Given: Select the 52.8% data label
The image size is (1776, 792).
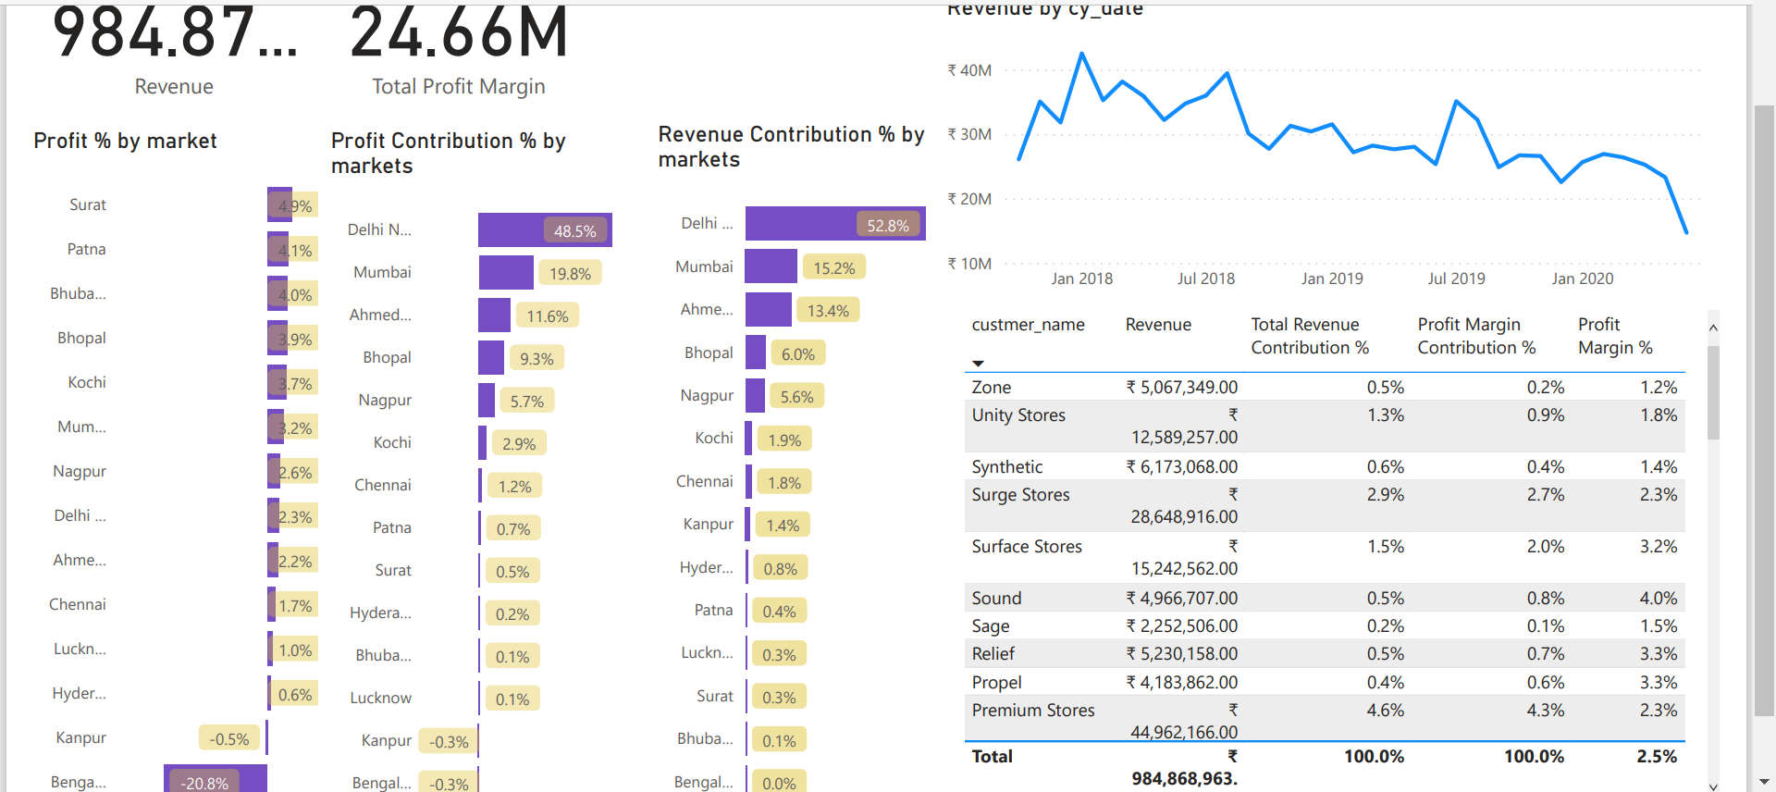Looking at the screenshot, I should pos(887,226).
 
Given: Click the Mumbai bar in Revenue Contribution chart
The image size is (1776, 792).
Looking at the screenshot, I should pos(770,266).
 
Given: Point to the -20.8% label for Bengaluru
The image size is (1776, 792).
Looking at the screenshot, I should pos(204,783).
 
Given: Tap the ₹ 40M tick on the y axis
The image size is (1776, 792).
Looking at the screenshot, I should pos(969,70).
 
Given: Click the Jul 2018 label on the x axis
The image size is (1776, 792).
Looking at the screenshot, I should pos(1205,278).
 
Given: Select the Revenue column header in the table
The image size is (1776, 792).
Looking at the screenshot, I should pos(1158,325).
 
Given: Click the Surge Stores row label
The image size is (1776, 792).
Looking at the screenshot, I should pos(1020,495).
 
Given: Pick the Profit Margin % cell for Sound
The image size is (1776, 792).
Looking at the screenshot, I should pos(1658,599).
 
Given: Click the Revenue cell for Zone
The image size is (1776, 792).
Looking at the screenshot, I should pos(1181,388).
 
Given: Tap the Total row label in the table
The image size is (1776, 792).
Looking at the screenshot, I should pos(992,757).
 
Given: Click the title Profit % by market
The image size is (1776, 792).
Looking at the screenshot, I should pos(125,141).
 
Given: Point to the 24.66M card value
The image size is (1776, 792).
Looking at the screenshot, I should pos(459,33).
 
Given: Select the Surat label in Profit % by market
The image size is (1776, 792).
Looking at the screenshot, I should pos(88,205).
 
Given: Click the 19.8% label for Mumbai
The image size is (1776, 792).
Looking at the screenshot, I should pos(570,274).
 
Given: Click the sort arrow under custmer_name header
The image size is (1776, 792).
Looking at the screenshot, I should pos(978,364).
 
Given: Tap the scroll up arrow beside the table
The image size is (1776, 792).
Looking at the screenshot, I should pos(1713,328).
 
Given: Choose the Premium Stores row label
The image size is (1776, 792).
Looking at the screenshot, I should pos(1032,711).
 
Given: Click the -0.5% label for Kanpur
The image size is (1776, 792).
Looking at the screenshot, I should pos(228,739).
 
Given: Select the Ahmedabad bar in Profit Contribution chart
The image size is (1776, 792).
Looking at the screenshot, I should pos(494,316).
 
